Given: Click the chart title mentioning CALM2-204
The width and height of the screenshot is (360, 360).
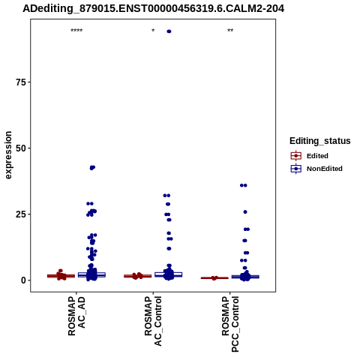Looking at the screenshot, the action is click(x=153, y=8).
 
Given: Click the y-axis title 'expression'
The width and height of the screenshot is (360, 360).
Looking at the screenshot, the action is click(x=8, y=155).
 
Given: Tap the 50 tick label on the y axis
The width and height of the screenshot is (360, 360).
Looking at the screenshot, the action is click(x=21, y=148).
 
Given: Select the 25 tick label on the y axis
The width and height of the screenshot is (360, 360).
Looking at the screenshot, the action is click(x=21, y=214).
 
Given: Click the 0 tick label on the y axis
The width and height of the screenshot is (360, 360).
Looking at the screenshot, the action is click(x=24, y=280).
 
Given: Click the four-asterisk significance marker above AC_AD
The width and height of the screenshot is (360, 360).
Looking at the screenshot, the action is click(x=76, y=31).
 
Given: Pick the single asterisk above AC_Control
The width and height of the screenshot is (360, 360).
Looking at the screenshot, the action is click(x=153, y=31).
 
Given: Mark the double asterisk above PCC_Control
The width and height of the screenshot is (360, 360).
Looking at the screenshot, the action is click(x=230, y=31).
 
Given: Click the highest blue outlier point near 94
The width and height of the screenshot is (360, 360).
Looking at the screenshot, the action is click(x=169, y=31).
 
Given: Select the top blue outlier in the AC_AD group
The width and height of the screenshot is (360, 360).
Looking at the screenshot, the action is click(x=92, y=167).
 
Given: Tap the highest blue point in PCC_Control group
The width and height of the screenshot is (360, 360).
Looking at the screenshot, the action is click(x=244, y=185).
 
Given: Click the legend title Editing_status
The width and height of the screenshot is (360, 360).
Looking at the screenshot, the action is click(x=320, y=141).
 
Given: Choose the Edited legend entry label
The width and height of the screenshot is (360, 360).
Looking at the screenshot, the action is click(x=317, y=156).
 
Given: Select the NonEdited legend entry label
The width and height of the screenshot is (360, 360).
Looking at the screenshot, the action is click(x=325, y=169).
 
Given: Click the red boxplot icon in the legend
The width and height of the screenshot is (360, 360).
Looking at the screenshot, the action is click(x=296, y=156).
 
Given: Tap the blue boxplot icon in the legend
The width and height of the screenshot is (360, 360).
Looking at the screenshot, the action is click(x=296, y=169).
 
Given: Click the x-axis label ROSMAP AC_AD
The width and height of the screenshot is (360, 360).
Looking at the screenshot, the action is click(x=76, y=316).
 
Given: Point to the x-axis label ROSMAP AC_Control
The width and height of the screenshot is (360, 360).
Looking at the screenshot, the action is click(x=153, y=321).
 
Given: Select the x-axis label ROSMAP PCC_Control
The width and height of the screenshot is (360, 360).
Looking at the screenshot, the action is click(x=230, y=324).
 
